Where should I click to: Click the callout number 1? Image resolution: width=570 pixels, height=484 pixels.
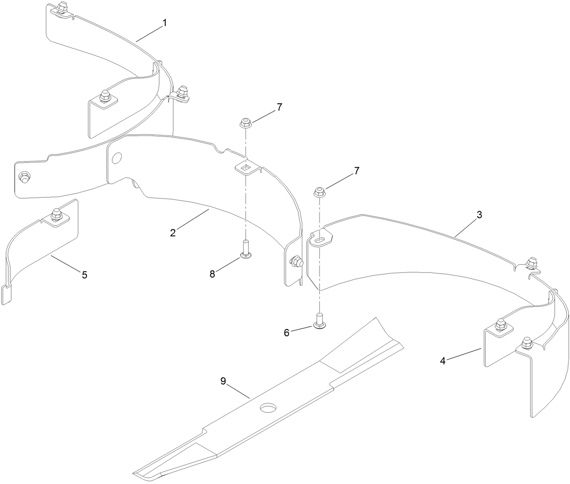164,23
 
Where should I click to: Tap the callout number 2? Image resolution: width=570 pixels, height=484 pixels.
173,233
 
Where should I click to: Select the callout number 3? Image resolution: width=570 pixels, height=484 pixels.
479,215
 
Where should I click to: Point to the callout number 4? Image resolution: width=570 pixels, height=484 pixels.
443,361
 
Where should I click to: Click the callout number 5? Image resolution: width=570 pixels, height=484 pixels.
85,275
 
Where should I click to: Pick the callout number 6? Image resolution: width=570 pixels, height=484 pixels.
287,333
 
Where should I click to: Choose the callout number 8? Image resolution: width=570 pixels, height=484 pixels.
213,274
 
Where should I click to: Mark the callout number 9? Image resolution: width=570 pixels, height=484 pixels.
223,381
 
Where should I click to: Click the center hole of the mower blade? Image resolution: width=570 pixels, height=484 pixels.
268,408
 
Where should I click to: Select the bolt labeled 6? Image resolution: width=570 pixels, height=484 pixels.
319,321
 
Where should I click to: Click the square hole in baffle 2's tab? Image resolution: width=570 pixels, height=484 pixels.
246,167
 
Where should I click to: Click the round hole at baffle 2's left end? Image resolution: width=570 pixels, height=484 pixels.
117,157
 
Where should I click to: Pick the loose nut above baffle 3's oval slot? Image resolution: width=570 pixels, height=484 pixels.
319,192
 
